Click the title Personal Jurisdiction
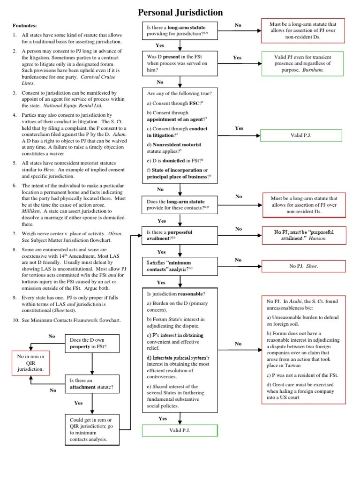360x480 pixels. click(x=180, y=12)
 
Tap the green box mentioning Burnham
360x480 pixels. click(x=302, y=63)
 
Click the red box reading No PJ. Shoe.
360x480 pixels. click(x=303, y=266)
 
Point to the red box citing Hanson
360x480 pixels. click(x=303, y=235)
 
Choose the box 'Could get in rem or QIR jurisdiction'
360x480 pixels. click(x=94, y=429)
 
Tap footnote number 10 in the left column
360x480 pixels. click(x=15, y=320)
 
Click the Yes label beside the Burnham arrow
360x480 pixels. click(x=237, y=57)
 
